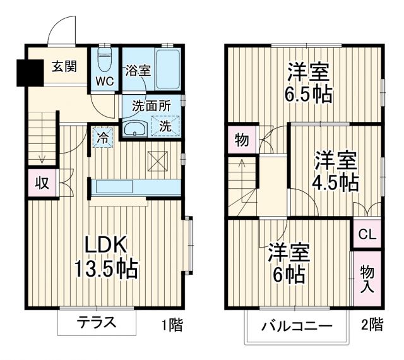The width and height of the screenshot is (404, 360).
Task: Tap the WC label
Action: pyautogui.click(x=105, y=81)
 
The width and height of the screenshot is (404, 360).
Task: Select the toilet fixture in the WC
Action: pyautogui.click(x=105, y=60)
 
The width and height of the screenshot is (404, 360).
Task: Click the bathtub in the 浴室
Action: pyautogui.click(x=168, y=68)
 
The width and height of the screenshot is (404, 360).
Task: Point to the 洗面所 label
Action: pyautogui.click(x=151, y=105)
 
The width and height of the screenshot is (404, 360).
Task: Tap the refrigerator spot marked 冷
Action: pyautogui.click(x=102, y=136)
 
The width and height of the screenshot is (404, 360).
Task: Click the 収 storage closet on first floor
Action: pyautogui.click(x=42, y=184)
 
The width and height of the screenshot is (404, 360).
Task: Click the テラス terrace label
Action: pyautogui.click(x=97, y=322)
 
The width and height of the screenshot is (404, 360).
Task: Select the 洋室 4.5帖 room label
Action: pyautogui.click(x=336, y=171)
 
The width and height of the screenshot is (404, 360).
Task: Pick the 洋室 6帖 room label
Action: pyautogui.click(x=288, y=262)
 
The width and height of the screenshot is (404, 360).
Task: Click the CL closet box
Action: pyautogui.click(x=366, y=234)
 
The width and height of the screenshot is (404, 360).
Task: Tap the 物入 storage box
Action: pyautogui.click(x=367, y=279)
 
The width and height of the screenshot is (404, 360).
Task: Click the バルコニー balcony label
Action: pyautogui.click(x=297, y=327)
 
